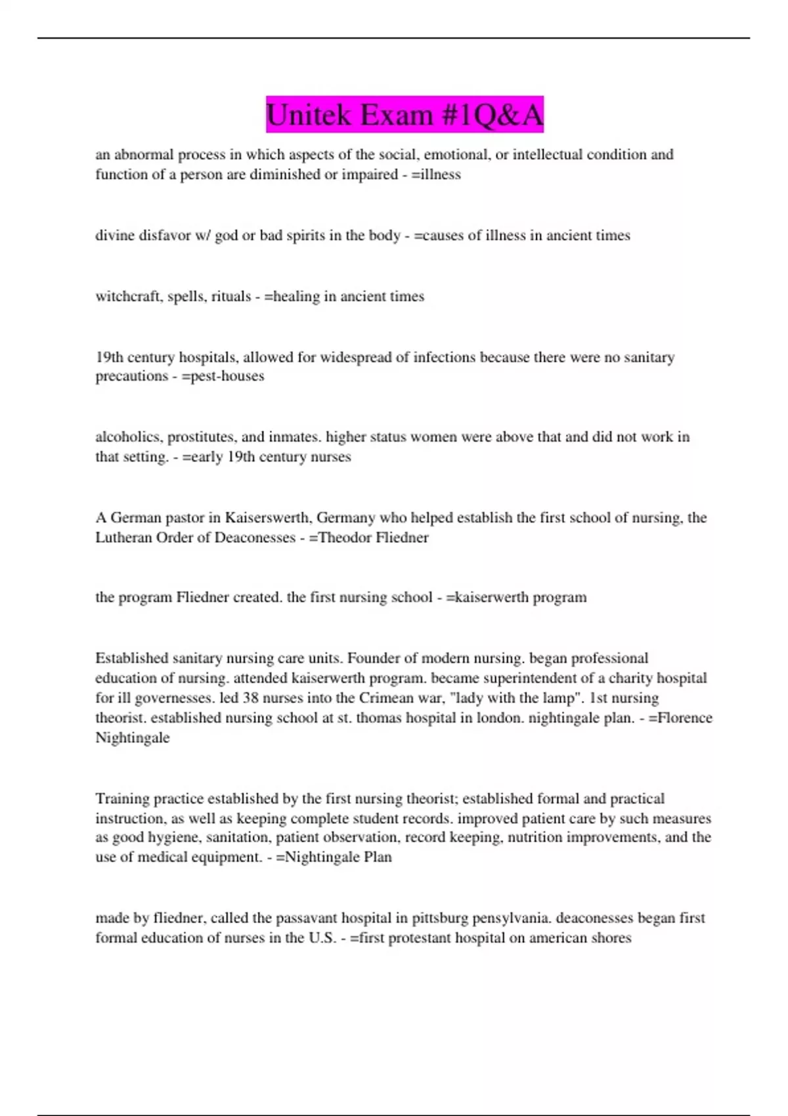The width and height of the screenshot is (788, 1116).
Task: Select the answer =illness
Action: pyautogui.click(x=436, y=175)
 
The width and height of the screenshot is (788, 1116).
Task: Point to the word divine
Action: pyautogui.click(x=115, y=236)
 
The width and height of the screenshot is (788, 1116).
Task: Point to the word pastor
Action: pyautogui.click(x=185, y=518)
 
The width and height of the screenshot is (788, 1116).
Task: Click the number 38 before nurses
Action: pyautogui.click(x=251, y=698)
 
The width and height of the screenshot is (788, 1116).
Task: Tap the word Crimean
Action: pyautogui.click(x=382, y=698)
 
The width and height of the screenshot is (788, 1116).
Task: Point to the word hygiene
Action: pyautogui.click(x=155, y=838)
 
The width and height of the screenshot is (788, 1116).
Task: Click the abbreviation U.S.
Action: pyautogui.click(x=322, y=938)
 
